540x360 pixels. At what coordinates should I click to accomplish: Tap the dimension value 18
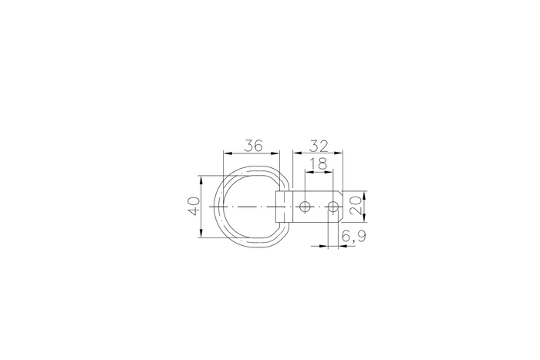(318, 163)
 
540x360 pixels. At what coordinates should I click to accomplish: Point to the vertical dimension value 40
(194, 207)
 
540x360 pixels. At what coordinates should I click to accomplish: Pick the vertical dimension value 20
(356, 206)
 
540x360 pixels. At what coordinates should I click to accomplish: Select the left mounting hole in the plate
(305, 207)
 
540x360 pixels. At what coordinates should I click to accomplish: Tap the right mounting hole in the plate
(332, 207)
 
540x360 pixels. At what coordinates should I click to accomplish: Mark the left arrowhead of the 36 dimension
(224, 152)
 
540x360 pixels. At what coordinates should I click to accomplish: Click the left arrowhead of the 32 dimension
(294, 152)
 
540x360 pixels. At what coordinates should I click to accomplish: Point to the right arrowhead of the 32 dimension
(341, 152)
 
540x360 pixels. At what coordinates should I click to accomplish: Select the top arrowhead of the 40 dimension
(201, 178)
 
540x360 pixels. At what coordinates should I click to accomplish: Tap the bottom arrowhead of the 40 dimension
(201, 235)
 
